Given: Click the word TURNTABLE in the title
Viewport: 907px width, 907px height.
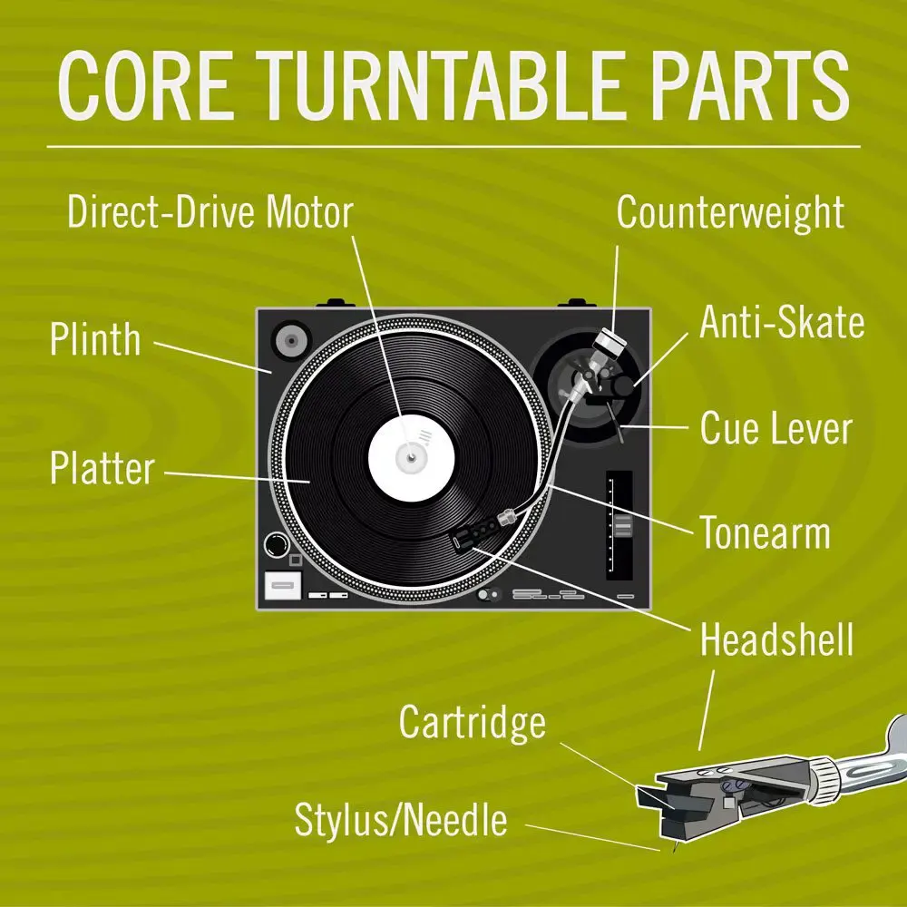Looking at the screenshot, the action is click(453, 85).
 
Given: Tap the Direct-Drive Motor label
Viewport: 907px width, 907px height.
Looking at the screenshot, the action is click(210, 211).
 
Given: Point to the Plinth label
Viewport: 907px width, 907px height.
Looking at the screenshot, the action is click(95, 339).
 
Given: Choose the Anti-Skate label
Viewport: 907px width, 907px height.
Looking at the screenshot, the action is click(782, 322).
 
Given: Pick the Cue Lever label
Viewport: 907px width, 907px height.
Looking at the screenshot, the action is click(776, 429).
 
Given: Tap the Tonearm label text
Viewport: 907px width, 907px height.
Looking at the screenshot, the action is click(766, 532).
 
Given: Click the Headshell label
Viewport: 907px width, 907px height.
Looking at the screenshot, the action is click(777, 639).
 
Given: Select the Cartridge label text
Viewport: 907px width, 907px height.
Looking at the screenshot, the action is click(473, 723).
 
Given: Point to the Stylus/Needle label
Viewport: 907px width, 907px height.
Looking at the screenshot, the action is click(401, 820).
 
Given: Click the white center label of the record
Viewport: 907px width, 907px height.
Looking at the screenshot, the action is click(412, 457).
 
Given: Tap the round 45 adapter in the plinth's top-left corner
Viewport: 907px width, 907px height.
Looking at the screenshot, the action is click(291, 341).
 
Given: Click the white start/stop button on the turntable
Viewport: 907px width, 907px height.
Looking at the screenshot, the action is click(283, 585).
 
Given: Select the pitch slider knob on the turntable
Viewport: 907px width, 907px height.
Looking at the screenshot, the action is click(623, 526).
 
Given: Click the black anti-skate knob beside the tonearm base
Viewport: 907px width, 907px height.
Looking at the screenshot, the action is click(623, 385).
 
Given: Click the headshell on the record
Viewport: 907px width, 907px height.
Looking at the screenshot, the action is click(477, 532).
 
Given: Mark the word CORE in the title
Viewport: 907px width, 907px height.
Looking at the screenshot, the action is click(145, 85).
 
